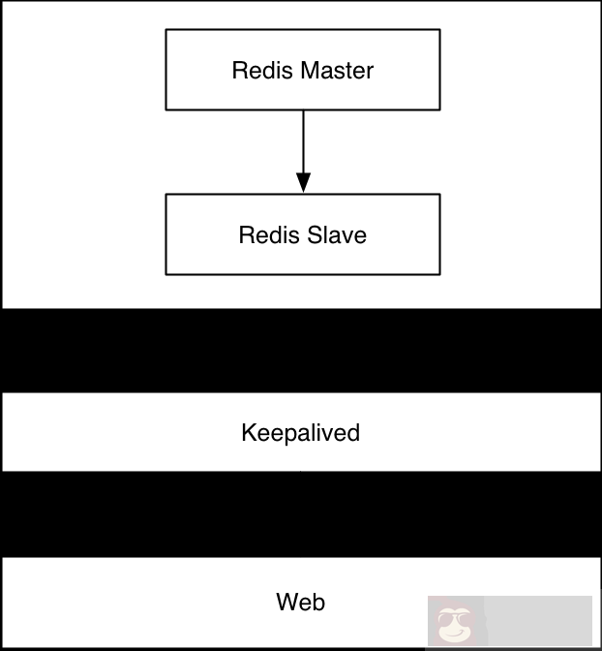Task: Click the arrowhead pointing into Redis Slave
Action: click(303, 183)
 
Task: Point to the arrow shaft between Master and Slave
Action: click(303, 140)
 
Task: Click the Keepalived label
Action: click(300, 433)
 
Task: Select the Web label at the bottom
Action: click(300, 602)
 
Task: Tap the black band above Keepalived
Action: click(300, 351)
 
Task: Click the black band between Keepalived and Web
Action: click(300, 514)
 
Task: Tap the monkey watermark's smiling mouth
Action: click(451, 632)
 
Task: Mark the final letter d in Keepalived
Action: click(353, 432)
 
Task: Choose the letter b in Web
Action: click(318, 602)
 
